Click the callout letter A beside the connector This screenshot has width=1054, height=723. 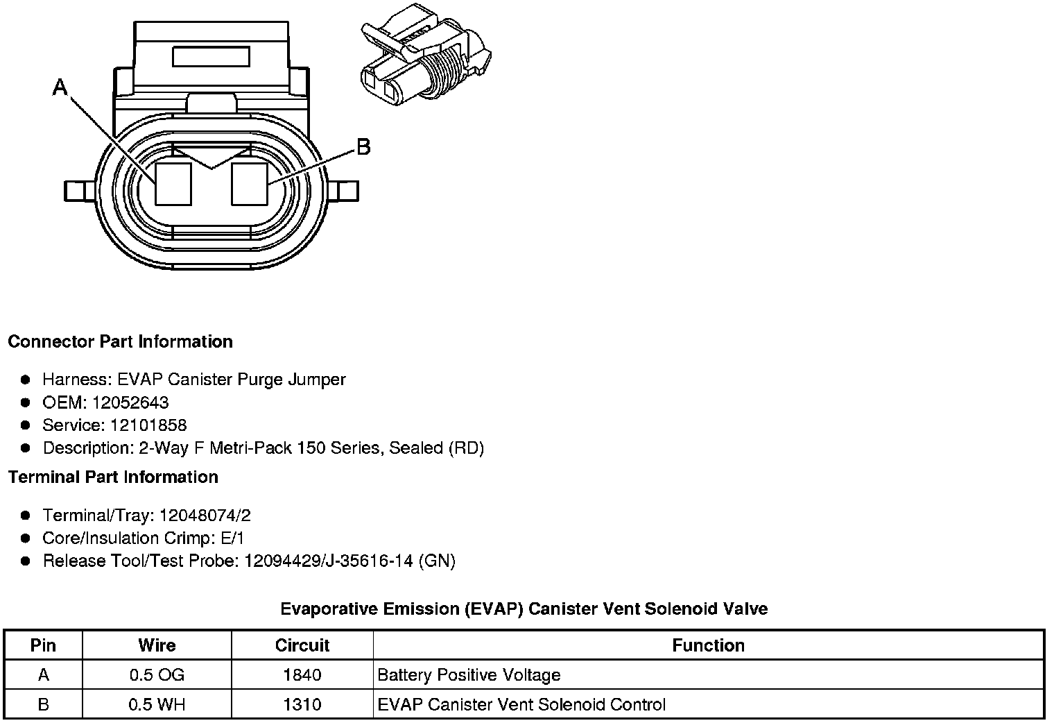click(60, 87)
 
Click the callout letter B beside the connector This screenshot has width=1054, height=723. click(363, 147)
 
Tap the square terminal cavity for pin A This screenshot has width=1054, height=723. click(173, 184)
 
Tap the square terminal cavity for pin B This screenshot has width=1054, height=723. click(249, 184)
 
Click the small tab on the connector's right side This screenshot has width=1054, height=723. click(346, 190)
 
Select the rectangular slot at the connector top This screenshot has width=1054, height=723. click(211, 56)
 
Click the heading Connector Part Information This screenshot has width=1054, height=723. click(120, 342)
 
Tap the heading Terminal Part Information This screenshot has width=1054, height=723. click(113, 477)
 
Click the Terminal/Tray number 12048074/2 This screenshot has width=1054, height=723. click(205, 516)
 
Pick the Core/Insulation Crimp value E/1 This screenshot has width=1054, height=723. click(231, 538)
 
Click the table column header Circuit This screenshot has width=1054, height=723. click(302, 645)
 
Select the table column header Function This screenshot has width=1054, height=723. click(708, 645)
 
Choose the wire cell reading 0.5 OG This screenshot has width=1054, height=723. click(157, 675)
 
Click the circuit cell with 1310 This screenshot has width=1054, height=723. click(302, 705)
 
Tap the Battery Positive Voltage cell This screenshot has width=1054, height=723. click(469, 675)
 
